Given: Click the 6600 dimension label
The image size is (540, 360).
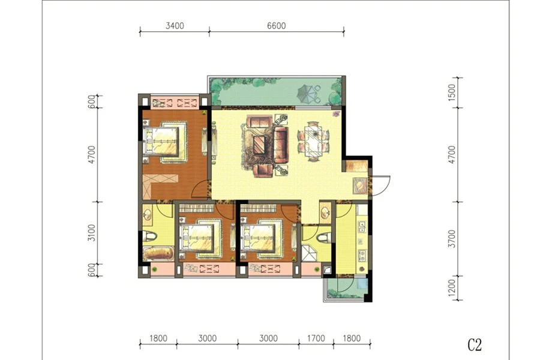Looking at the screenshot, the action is coord(277,26).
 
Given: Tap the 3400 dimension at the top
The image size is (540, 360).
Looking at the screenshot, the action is coord(175,26).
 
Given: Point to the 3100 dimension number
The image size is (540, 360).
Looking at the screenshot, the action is coord(91,233).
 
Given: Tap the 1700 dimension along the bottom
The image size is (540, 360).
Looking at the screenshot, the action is coord(316,338).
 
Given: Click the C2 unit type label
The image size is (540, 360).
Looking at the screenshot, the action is coord(475,344).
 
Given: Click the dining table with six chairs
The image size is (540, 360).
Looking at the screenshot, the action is coord(313,141).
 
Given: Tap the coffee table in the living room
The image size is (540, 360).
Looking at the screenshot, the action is coord(259,145).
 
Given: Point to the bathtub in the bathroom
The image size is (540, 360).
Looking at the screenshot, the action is coord(158,253).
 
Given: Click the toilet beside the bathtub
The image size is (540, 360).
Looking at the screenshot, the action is coord(150,236).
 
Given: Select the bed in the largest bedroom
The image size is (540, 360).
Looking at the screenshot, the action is coord(164,141).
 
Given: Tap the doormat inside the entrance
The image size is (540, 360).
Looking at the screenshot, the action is coord(361,185).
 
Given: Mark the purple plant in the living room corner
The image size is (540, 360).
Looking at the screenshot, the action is coord(335,114).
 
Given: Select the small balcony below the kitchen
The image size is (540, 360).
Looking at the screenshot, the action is coord(346,288).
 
